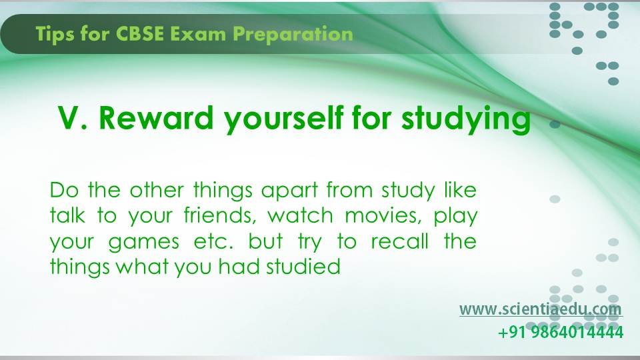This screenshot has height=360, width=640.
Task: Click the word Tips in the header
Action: tap(54, 34)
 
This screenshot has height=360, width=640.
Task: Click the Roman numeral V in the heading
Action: tap(69, 117)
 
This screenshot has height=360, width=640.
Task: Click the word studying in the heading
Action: tap(465, 119)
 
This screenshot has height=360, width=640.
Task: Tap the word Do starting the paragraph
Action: tap(65, 190)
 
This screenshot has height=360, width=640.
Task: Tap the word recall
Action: tap(399, 241)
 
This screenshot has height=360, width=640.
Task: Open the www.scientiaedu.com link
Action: tap(540, 309)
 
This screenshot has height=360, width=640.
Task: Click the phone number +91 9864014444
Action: tap(561, 332)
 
